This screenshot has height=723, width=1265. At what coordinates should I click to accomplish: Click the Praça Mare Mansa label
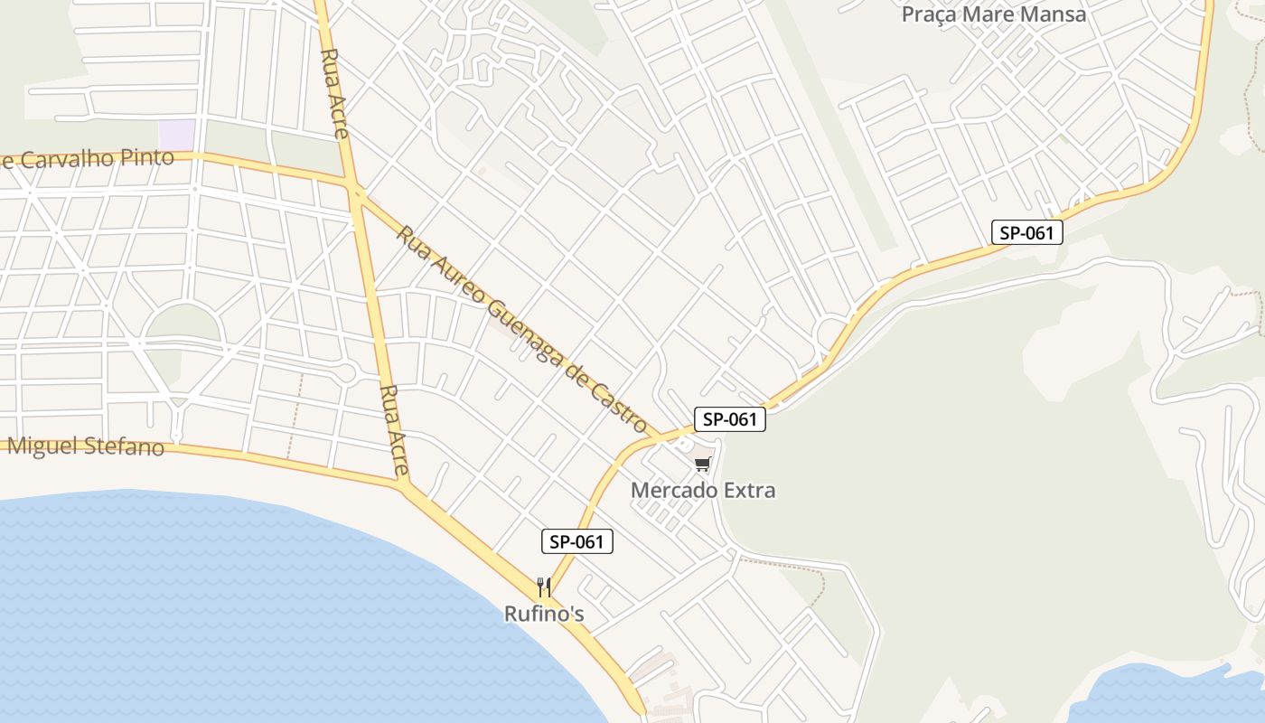click(994, 15)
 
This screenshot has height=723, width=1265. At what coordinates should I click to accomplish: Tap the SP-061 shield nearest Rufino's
click(577, 541)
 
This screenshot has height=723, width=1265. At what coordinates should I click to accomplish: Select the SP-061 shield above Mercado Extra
click(729, 419)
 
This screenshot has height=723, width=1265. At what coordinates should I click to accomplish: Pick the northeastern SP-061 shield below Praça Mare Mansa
click(1026, 232)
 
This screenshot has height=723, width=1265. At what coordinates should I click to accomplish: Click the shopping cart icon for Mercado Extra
click(702, 464)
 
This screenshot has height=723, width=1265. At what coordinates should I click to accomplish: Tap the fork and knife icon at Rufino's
click(544, 587)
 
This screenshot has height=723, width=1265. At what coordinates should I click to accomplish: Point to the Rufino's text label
click(544, 615)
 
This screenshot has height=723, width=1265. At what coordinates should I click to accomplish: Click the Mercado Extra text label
click(703, 491)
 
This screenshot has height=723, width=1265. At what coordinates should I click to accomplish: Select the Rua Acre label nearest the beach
click(396, 431)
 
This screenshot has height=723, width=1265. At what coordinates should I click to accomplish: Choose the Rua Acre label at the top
click(333, 93)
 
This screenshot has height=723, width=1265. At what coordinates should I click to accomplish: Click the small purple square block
click(177, 132)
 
